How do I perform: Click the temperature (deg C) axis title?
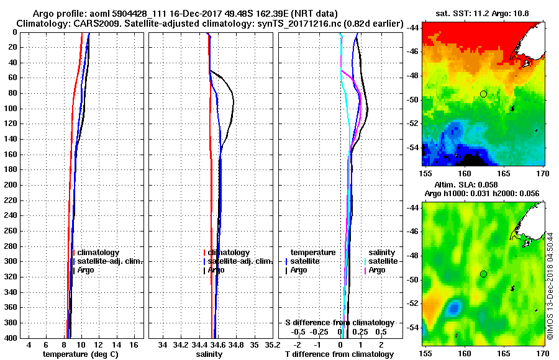click(80, 354)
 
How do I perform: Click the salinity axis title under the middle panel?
click(211, 354)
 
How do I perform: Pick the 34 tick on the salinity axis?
click(163, 344)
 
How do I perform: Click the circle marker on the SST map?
click(483, 94)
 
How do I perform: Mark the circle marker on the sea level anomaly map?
click(483, 274)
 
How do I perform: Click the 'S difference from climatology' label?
click(340, 323)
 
